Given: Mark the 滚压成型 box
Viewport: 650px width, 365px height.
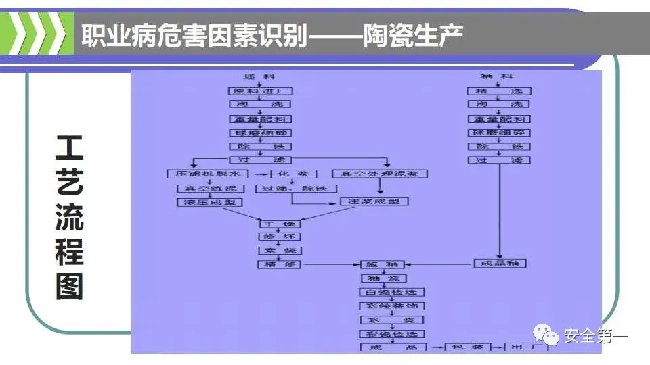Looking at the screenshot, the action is (209, 202).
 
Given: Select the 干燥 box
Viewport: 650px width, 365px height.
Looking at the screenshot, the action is (280, 222).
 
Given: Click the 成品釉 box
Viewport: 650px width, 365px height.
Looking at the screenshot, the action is (500, 264).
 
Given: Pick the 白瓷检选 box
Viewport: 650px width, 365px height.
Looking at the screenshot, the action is (391, 292).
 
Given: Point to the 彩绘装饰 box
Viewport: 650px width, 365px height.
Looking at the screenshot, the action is (391, 306).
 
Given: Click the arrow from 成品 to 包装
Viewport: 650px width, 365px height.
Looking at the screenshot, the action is (435, 347).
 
